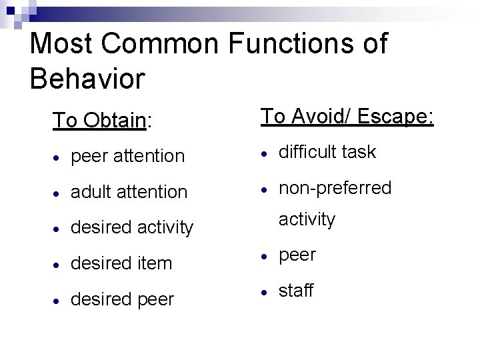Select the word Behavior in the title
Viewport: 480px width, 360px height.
(87, 79)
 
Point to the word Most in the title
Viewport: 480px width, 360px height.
(60, 44)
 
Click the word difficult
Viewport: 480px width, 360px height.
(309, 152)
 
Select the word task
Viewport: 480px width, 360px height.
(360, 152)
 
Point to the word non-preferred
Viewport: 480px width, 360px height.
(335, 188)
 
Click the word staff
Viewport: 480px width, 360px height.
(296, 291)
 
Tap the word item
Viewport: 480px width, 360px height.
(155, 263)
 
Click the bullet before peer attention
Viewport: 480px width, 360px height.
(59, 157)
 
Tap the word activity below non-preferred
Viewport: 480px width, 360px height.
(307, 219)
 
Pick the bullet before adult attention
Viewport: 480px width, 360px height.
(59, 193)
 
